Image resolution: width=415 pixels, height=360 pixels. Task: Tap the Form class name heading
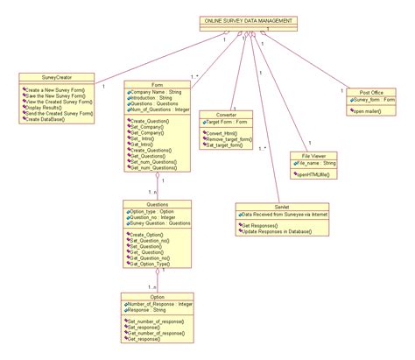click(x=158, y=85)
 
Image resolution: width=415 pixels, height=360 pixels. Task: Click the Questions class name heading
click(x=158, y=203)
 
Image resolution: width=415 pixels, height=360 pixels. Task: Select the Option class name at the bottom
click(x=158, y=296)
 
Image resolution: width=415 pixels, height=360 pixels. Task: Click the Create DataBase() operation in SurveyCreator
click(x=51, y=119)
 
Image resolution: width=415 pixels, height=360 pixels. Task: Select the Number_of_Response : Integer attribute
click(x=162, y=303)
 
